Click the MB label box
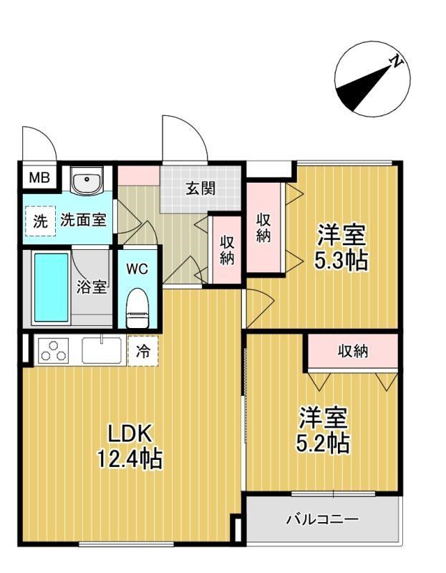point(39,178)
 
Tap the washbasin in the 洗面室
point(88,182)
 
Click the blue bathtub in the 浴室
point(51,287)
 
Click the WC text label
point(137,269)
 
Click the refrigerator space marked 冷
point(142,352)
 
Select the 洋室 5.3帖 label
point(341,246)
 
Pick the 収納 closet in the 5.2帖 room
point(353,351)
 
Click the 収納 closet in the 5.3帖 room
point(264,228)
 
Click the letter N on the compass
point(394,63)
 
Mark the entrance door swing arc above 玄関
point(183,138)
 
